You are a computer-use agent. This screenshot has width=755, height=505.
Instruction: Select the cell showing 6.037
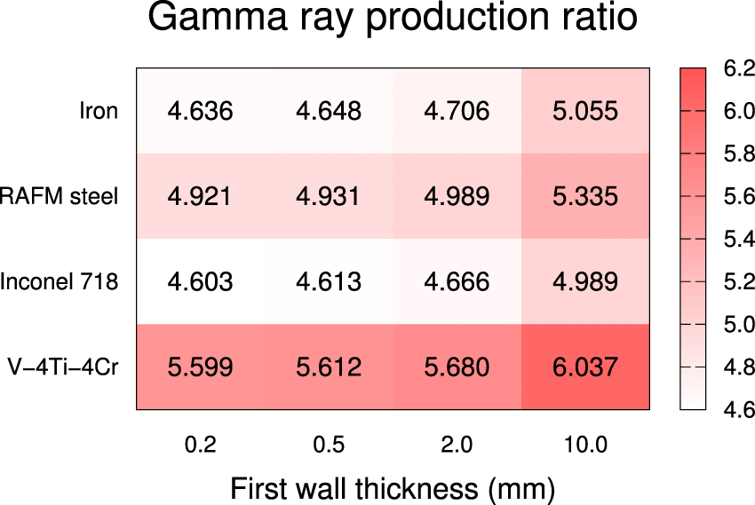tap(585, 367)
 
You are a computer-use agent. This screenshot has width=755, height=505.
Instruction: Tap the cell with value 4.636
tap(200, 111)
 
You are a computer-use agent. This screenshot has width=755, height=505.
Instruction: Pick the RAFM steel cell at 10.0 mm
tap(585, 196)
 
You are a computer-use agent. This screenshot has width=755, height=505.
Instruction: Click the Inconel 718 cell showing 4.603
tap(200, 281)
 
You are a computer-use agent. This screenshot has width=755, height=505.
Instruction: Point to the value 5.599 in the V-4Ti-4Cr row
tap(200, 367)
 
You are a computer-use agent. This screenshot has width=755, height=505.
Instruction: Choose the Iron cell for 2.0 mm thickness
tap(457, 111)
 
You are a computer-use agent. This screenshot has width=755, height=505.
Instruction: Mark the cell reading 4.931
tap(329, 196)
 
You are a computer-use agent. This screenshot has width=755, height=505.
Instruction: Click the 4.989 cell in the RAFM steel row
tap(457, 196)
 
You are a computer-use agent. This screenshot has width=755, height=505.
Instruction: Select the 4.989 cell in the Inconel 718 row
tap(585, 281)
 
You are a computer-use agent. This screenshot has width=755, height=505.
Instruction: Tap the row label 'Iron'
tap(99, 111)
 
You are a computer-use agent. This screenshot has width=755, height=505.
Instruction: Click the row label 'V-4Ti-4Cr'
tap(62, 367)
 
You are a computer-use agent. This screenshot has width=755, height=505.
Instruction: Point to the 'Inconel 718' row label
tap(60, 281)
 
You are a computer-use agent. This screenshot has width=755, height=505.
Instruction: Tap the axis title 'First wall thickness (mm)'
tap(393, 487)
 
